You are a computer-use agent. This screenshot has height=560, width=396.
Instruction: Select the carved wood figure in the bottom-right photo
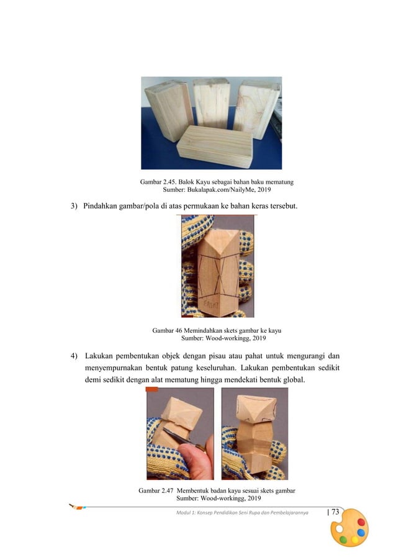[x=253, y=435]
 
